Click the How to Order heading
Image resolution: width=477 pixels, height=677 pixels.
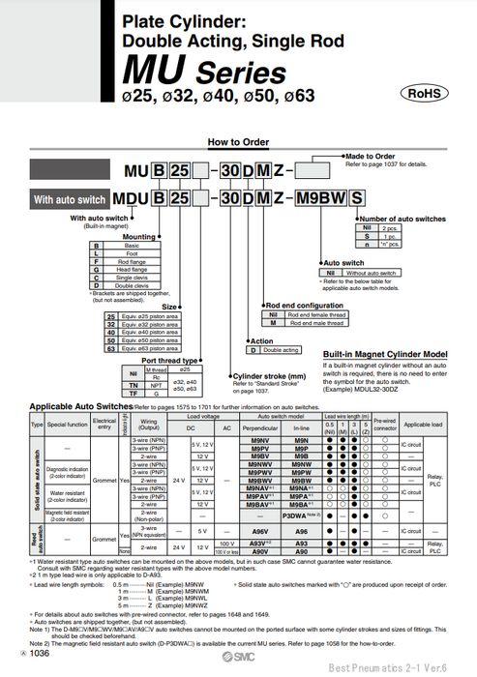[x=237, y=141]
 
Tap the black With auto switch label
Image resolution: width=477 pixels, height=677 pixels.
[x=70, y=199]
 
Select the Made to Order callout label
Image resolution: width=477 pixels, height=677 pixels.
[x=371, y=156]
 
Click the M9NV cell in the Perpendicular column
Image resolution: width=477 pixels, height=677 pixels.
[x=259, y=440]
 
